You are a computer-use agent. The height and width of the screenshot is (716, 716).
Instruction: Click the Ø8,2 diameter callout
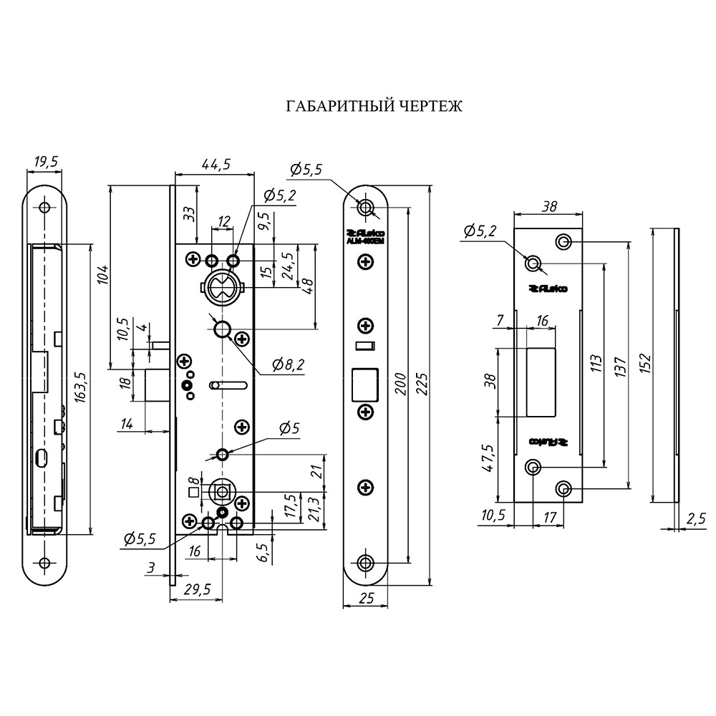pyautogui.click(x=288, y=365)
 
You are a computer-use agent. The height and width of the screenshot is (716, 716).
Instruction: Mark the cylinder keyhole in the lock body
pyautogui.click(x=222, y=287)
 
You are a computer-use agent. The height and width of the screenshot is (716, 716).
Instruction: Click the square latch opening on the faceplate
pyautogui.click(x=365, y=383)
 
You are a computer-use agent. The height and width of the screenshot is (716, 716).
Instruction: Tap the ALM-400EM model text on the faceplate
pyautogui.click(x=365, y=241)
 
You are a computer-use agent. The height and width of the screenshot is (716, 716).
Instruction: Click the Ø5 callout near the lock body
pyautogui.click(x=289, y=429)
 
